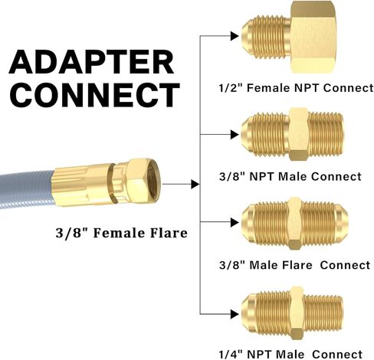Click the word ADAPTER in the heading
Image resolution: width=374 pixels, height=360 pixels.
point(91,62)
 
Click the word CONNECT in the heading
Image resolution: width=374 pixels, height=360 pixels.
point(94,95)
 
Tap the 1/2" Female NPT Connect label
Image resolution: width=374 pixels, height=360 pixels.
point(297,88)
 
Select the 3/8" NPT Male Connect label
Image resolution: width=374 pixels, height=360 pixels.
point(290,176)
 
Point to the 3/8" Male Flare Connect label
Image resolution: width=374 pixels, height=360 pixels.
point(294,265)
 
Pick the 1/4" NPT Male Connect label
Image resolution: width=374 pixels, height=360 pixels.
point(290,354)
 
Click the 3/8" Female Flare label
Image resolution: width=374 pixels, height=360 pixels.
point(122,233)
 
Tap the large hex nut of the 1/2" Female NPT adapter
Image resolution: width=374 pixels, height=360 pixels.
point(313,38)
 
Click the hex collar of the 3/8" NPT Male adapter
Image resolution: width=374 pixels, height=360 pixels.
point(299,134)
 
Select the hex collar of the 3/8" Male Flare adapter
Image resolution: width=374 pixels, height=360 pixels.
point(294,224)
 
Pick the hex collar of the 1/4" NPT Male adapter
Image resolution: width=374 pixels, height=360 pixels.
point(297,313)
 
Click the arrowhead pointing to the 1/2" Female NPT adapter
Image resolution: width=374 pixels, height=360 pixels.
point(235,36)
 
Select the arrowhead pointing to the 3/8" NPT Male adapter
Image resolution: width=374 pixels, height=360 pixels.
point(235,134)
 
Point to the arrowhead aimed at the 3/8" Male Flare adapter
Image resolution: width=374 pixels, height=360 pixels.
point(235,222)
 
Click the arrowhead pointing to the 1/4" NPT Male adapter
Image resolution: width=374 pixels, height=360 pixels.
point(235,314)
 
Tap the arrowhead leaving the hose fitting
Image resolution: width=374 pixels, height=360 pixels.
point(195,184)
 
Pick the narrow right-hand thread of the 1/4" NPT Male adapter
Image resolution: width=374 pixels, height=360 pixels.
point(323,313)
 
